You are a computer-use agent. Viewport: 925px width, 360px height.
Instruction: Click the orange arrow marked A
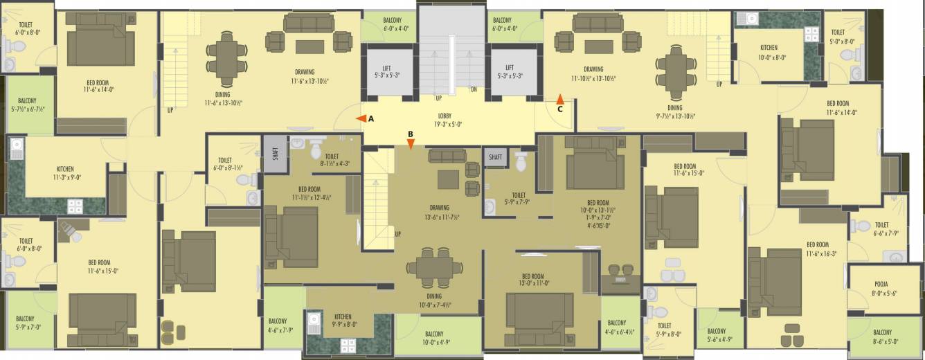(x=361, y=119)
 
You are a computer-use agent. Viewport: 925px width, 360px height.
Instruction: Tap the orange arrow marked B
(x=411, y=144)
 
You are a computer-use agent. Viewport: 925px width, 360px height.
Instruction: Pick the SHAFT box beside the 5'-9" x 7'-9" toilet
(x=495, y=157)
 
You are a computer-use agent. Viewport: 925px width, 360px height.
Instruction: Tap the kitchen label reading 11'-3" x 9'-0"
(x=66, y=173)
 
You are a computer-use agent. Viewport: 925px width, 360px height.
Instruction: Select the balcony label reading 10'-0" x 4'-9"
(x=434, y=337)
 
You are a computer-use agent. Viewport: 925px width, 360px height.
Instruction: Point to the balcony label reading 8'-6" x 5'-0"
(x=882, y=336)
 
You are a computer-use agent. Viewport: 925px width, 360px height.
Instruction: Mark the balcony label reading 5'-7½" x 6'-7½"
(x=27, y=105)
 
